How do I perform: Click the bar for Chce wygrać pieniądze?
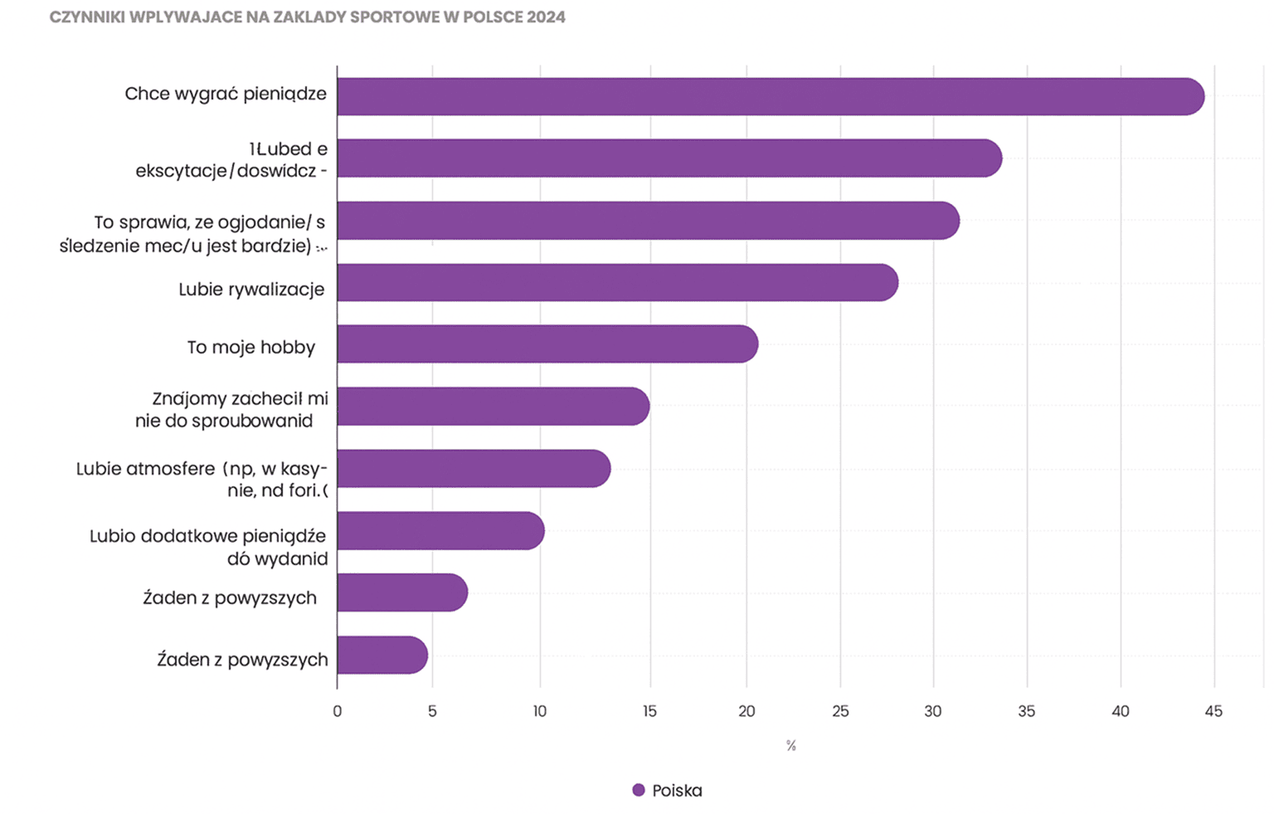click(x=770, y=96)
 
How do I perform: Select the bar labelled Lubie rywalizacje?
click(x=617, y=282)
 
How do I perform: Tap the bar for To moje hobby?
click(x=547, y=344)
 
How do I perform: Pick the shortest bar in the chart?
click(x=382, y=655)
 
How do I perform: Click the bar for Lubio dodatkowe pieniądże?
click(x=440, y=530)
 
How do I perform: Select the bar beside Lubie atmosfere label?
click(x=474, y=468)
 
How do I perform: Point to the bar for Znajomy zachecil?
click(x=493, y=406)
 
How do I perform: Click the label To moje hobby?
click(x=250, y=347)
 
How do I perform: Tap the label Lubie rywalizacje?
click(x=251, y=289)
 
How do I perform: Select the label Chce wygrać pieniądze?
click(x=226, y=94)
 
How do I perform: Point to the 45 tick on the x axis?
click(x=1213, y=711)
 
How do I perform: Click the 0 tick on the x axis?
click(x=337, y=711)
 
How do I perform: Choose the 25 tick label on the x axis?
click(x=840, y=711)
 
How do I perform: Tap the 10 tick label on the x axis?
click(x=539, y=711)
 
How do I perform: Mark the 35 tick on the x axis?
click(x=1026, y=711)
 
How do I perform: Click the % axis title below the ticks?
click(x=790, y=746)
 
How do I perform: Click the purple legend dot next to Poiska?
click(x=638, y=790)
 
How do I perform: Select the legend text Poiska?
click(x=677, y=791)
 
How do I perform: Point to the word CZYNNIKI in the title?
click(x=87, y=17)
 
